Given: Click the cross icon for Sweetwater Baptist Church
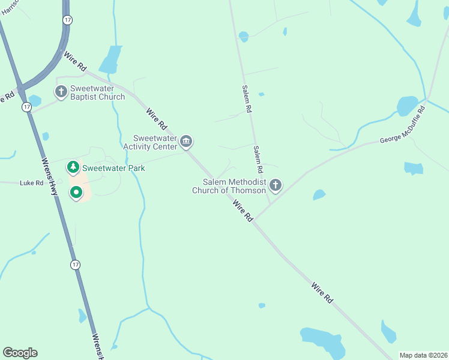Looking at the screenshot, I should tap(61, 92).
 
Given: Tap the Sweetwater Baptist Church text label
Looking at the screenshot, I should tap(98, 92).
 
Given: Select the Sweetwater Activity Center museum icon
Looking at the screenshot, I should tap(186, 142).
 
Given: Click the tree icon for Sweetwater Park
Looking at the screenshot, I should tap(73, 167).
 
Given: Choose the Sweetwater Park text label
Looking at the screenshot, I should tap(113, 169).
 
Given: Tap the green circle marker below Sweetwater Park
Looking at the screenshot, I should tap(76, 193).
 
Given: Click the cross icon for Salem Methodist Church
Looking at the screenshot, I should tap(276, 185).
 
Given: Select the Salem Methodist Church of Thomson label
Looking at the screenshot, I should tap(229, 186).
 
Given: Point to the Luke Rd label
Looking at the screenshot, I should tap(31, 183).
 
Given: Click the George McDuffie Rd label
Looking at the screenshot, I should tap(402, 125).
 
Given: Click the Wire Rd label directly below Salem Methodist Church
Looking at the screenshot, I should tap(243, 211).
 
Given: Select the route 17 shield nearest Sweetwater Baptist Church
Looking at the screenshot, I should tap(26, 107).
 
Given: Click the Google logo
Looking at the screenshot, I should tap(20, 353).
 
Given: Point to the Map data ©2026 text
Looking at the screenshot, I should tap(423, 355).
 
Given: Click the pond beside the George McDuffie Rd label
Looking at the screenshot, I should tap(407, 106).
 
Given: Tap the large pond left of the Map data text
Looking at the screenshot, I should tap(324, 341).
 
